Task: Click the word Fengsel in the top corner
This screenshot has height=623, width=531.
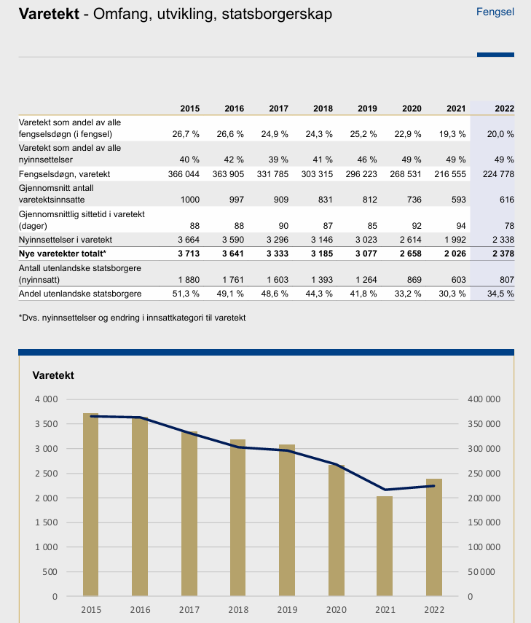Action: tap(495, 12)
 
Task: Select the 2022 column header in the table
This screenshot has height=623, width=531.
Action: tap(504, 109)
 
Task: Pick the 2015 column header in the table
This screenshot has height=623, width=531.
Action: tap(189, 109)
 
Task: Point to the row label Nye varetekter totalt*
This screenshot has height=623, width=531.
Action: tap(63, 253)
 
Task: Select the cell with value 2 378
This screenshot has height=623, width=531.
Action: tap(502, 253)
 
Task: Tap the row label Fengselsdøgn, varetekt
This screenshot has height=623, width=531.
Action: tap(64, 175)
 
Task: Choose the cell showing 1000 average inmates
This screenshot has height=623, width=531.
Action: tap(188, 200)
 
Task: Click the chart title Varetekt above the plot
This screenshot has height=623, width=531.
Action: tap(53, 376)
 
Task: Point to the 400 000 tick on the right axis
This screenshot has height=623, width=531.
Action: tap(484, 399)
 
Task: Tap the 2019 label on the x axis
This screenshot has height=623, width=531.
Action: tap(286, 609)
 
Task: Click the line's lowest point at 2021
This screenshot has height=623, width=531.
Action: tap(385, 490)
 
